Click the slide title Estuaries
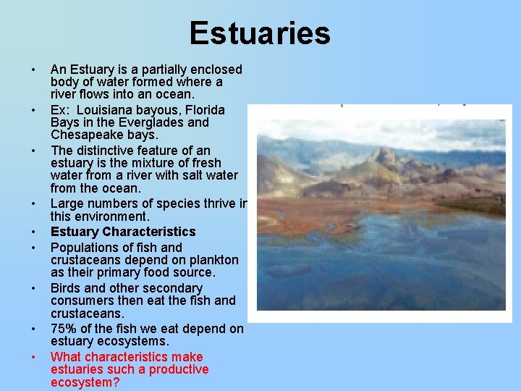[260, 33]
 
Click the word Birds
[67, 287]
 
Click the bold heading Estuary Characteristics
[123, 232]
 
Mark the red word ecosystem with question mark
[85, 382]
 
